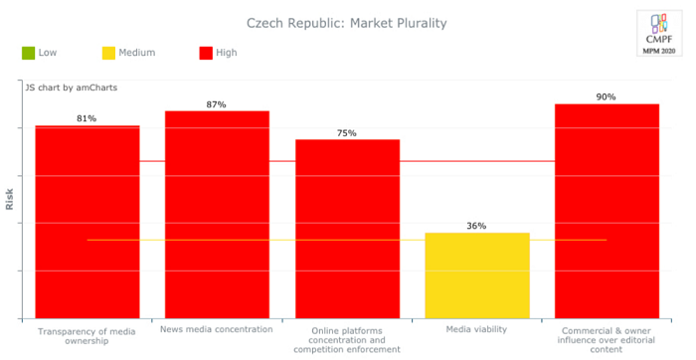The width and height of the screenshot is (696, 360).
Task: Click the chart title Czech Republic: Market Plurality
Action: pos(346,22)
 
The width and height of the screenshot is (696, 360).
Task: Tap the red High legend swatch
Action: pos(206,53)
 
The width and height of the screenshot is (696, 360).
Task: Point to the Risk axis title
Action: pos(10,200)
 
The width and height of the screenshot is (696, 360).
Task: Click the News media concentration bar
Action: pos(217,214)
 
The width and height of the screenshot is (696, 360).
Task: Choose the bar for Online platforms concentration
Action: pos(347,229)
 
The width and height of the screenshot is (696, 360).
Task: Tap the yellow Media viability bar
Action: pos(477,275)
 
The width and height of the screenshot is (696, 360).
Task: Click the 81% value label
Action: pos(87,118)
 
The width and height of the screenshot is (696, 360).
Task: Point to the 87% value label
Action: pos(217,103)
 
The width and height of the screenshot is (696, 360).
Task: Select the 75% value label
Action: pos(347,132)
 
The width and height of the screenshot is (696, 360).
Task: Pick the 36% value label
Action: pos(477,226)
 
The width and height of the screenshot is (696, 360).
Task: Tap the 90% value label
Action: pos(607,96)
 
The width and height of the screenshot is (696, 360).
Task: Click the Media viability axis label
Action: pos(476,329)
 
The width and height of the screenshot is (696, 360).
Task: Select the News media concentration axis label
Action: pos(217,329)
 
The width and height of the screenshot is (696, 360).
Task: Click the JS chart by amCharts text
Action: pos(72,88)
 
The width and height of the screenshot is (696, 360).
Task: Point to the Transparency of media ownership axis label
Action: pos(87,335)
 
